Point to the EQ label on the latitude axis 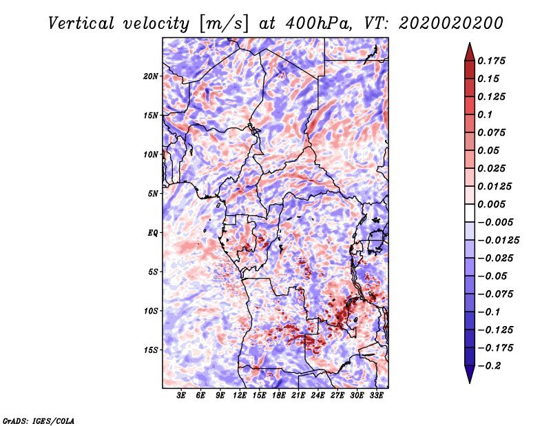153,233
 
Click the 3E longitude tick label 182,396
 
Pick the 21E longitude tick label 298,396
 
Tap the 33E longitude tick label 376,396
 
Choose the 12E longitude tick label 240,396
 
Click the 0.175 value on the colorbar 493,61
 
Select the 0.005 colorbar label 493,204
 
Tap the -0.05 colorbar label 493,276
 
